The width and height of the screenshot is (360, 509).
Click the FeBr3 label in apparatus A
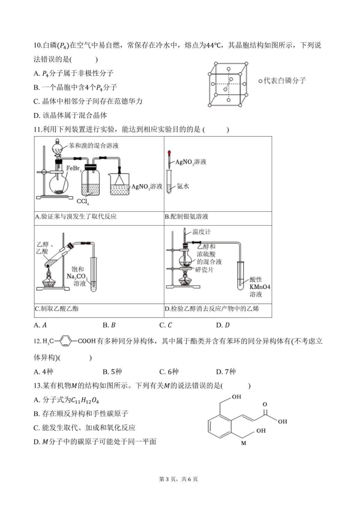(x=74, y=169)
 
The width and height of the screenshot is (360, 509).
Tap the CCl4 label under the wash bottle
(x=83, y=201)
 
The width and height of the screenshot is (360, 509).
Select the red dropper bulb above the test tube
(x=169, y=152)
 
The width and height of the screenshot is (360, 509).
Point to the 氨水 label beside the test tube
(x=183, y=186)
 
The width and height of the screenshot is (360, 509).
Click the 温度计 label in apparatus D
(x=202, y=232)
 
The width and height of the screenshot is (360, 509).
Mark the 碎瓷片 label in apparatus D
(x=205, y=270)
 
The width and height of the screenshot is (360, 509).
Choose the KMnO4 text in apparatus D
(x=260, y=287)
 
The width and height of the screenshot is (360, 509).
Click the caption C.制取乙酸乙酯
(x=57, y=308)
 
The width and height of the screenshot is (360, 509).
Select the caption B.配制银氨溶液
(x=186, y=216)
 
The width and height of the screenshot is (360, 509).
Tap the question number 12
(x=37, y=341)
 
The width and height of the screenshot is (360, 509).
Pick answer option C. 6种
(x=169, y=372)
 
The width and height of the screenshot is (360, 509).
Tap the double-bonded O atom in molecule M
(x=265, y=404)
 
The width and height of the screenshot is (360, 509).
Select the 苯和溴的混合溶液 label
(x=94, y=146)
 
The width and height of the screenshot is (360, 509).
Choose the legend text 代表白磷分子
(x=285, y=80)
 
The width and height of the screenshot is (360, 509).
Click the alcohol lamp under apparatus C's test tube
(x=49, y=279)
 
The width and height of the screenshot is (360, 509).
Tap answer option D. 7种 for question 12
(x=226, y=372)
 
